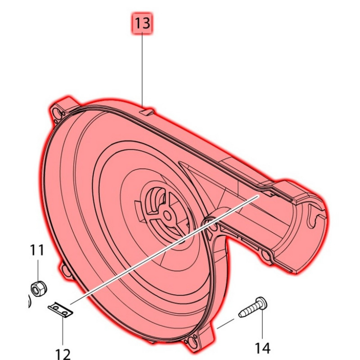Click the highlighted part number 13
pyautogui.click(x=142, y=23)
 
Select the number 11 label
pyautogui.click(x=37, y=250)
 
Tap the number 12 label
pyautogui.click(x=63, y=354)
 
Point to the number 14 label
pyautogui.click(x=262, y=347)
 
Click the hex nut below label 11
pyautogui.click(x=38, y=288)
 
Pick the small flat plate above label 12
pyautogui.click(x=60, y=310)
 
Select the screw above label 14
pyautogui.click(x=253, y=307)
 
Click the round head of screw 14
pyautogui.click(x=262, y=302)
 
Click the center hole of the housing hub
pyautogui.click(x=167, y=216)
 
